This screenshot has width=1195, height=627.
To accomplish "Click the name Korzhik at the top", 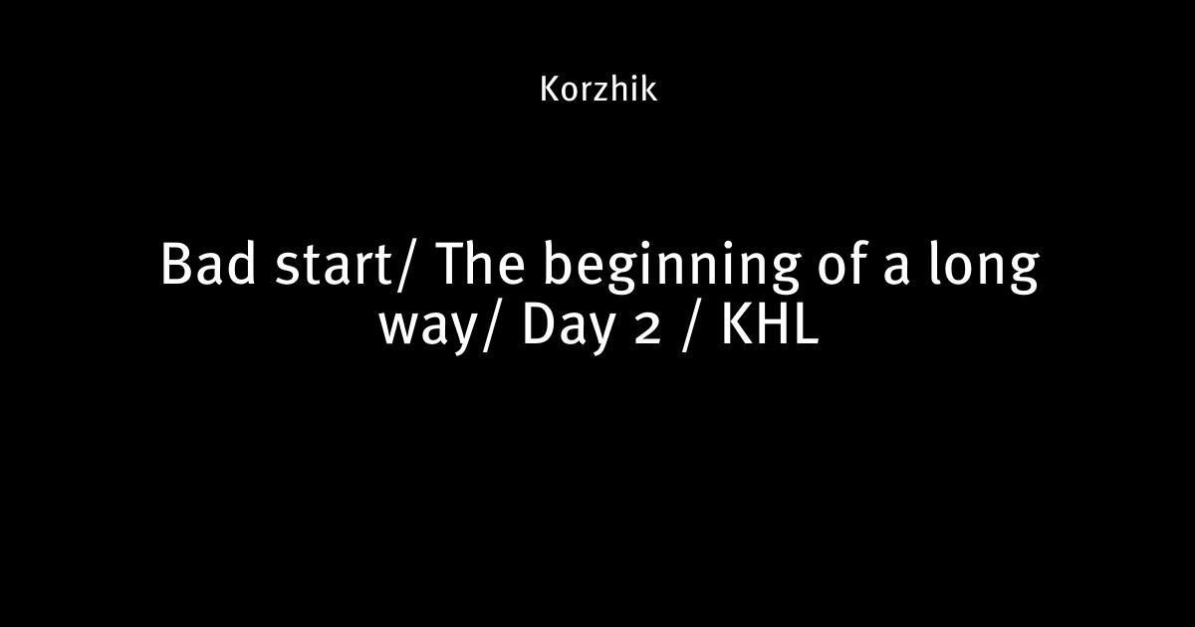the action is [598, 89].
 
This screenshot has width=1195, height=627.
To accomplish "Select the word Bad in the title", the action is [208, 264].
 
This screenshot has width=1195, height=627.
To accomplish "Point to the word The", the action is [481, 264].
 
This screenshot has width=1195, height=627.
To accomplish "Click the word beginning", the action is [671, 268].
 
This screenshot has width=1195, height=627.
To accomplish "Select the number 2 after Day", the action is [646, 330].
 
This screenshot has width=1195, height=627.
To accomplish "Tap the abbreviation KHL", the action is [771, 324].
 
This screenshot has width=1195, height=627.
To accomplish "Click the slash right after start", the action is [405, 267].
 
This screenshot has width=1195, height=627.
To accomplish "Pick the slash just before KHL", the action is [691, 326].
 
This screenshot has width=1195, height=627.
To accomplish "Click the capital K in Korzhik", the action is [551, 89].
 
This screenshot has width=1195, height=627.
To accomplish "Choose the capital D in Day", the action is [541, 324].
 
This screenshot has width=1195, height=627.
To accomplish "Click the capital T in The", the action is [453, 264].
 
